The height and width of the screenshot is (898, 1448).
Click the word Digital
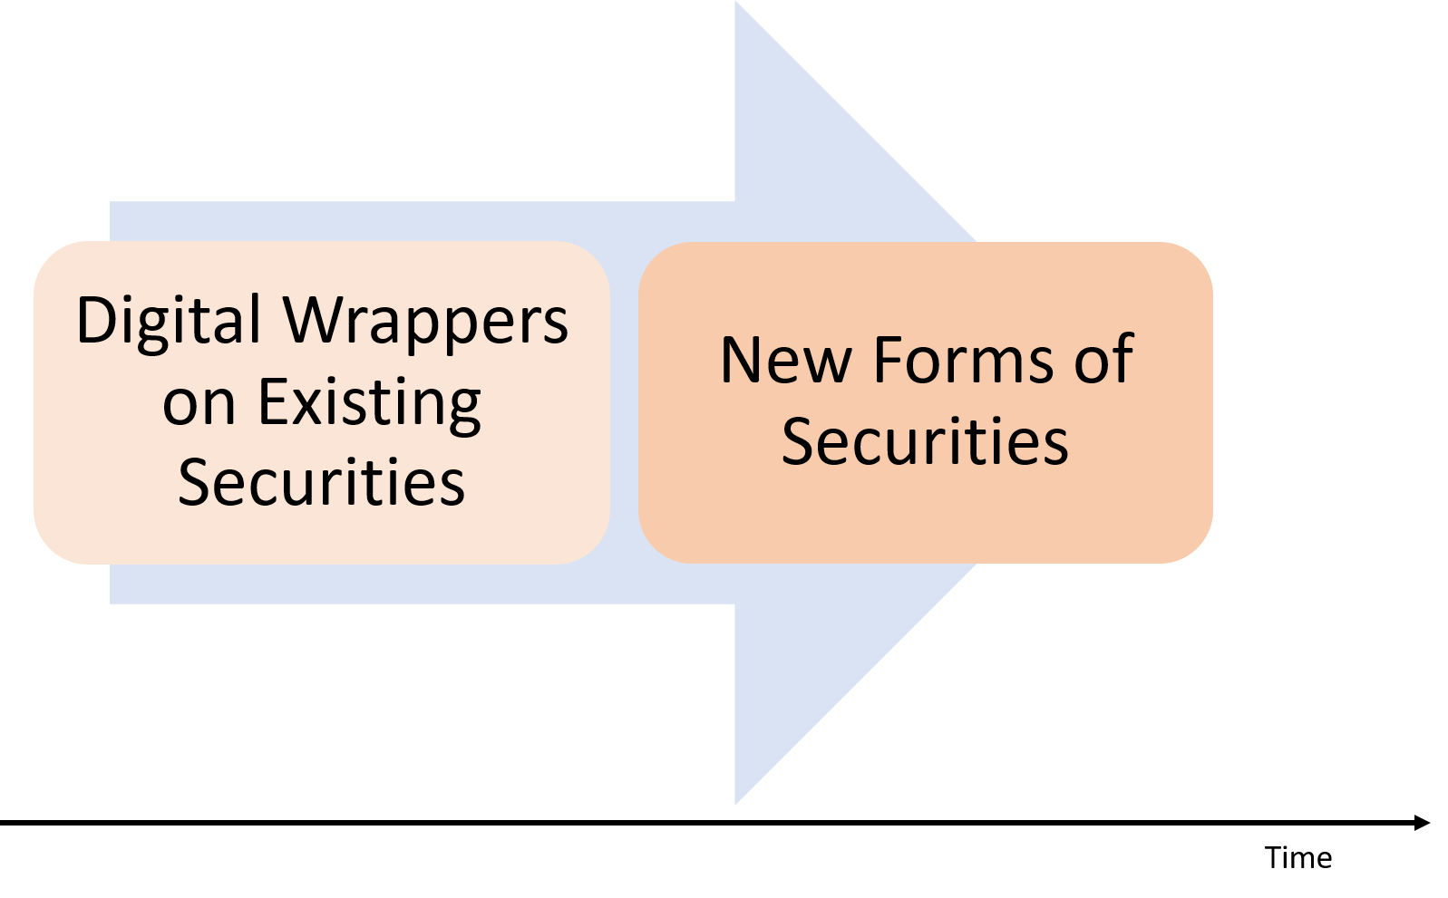[169, 322]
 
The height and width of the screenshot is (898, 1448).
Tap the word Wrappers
[425, 322]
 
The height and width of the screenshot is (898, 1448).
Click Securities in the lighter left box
[321, 483]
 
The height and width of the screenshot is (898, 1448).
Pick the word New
[785, 361]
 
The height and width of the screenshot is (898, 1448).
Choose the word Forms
[963, 361]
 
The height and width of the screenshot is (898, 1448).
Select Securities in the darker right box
[925, 442]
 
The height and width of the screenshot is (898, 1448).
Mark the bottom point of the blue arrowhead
[737, 802]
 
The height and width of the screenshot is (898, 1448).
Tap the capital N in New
[742, 361]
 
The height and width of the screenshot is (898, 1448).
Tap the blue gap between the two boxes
[624, 403]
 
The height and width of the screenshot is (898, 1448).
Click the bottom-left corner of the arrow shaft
[112, 602]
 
